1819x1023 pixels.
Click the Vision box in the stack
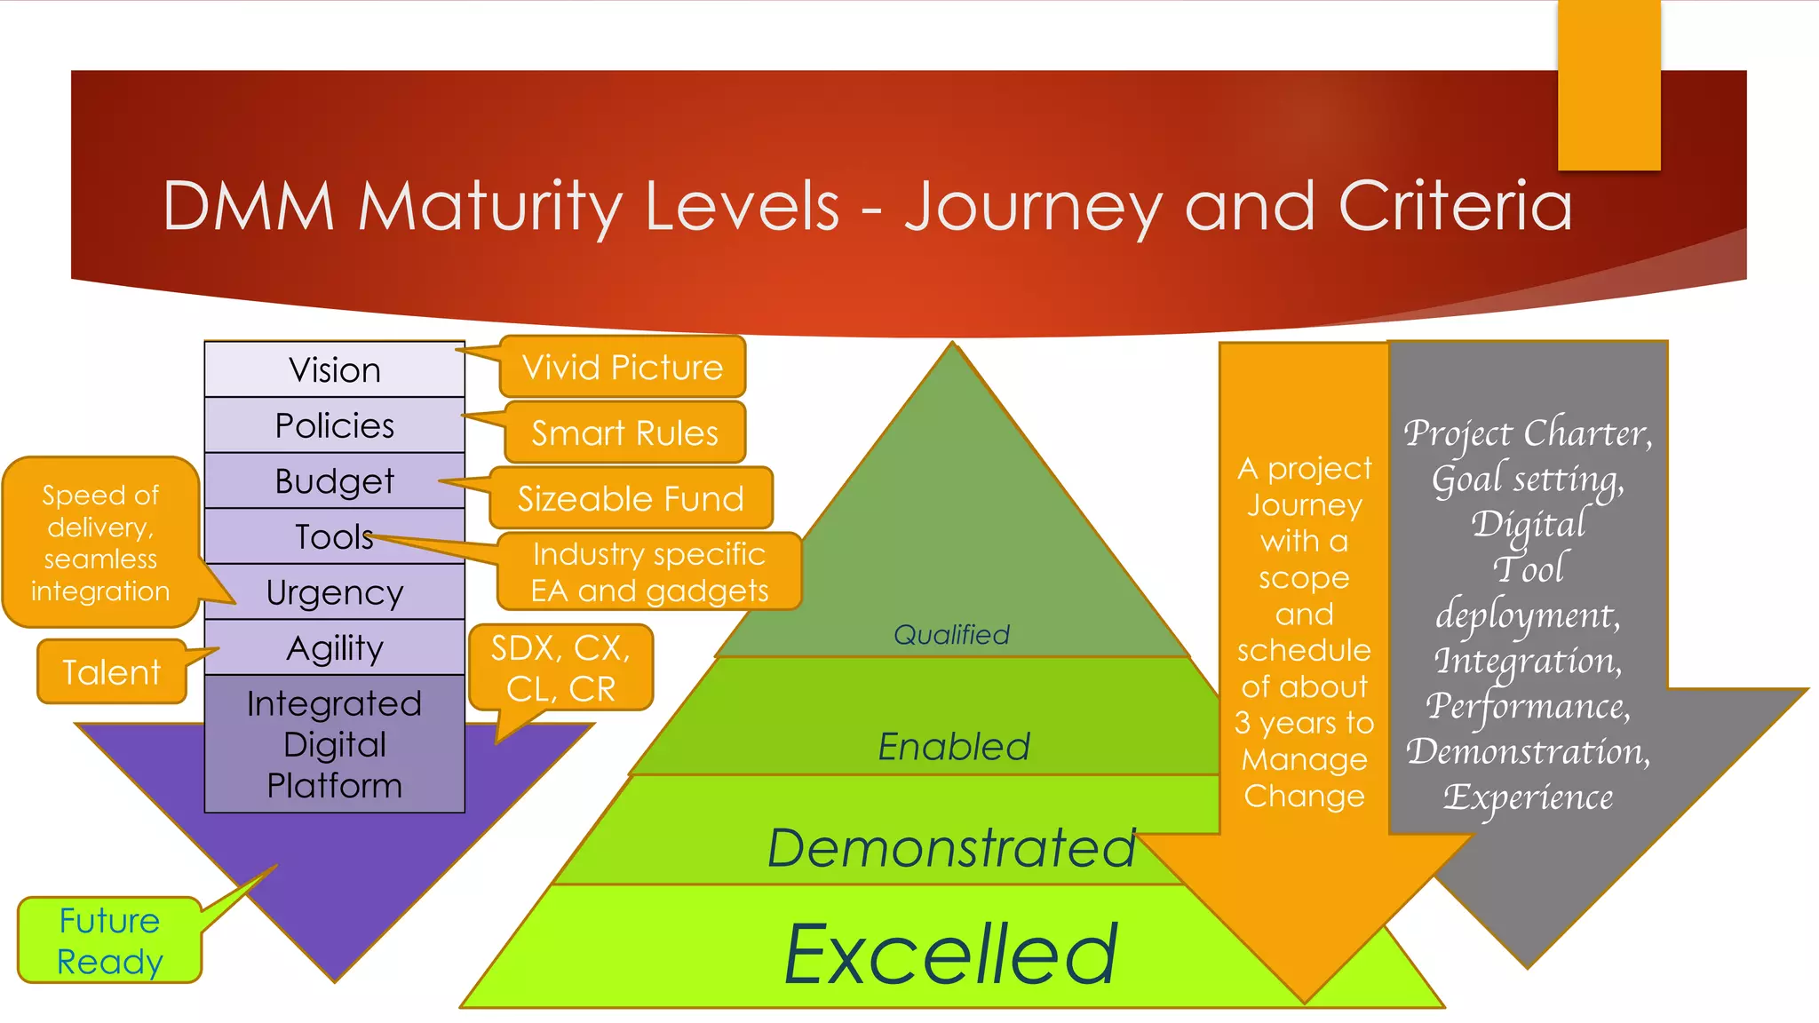point(335,369)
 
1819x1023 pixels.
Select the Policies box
point(335,425)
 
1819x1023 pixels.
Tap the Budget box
point(335,481)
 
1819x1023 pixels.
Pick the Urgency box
point(335,592)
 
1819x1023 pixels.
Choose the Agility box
point(335,648)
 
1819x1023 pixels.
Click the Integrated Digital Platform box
point(335,744)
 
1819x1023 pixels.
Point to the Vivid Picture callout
point(623,367)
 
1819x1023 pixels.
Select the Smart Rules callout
point(625,432)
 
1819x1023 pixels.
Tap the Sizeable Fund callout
point(631,498)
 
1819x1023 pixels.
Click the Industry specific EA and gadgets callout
point(649,572)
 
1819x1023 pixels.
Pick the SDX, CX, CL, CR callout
point(560,668)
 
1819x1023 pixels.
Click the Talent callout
point(112,672)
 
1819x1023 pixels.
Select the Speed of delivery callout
point(100,543)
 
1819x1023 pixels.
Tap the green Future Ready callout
point(109,940)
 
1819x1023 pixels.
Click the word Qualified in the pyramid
point(951,634)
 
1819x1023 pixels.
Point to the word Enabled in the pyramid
point(954,746)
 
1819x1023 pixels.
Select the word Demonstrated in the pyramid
point(951,847)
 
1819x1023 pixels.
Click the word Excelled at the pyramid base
point(951,954)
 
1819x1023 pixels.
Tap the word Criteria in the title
point(1455,206)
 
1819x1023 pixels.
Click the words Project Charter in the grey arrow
point(1527,433)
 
